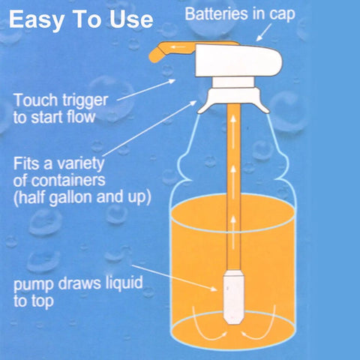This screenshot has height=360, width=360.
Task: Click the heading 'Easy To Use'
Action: (x=81, y=20)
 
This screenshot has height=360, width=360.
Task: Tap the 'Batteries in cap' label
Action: (x=240, y=14)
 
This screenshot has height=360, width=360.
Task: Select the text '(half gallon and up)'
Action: (x=82, y=197)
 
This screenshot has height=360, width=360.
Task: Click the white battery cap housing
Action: (x=238, y=60)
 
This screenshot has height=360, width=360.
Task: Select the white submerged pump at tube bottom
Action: (x=233, y=297)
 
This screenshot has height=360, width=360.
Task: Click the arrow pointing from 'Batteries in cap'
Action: (x=264, y=32)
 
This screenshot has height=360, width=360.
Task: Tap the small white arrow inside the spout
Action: (x=178, y=47)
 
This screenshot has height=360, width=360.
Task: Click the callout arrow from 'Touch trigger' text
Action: (x=146, y=90)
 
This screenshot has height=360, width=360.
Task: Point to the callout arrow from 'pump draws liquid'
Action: (x=175, y=278)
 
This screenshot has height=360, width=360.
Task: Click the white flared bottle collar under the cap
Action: (x=233, y=100)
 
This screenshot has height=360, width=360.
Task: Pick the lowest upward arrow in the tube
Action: (x=233, y=232)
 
